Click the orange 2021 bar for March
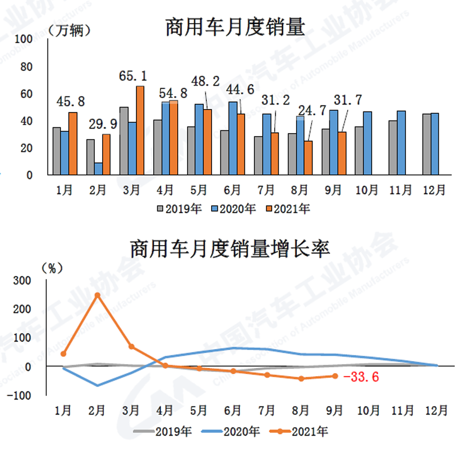pyautogui.click(x=140, y=130)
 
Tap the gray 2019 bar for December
pyautogui.click(x=426, y=145)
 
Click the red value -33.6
pyautogui.click(x=362, y=377)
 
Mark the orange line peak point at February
pyautogui.click(x=97, y=295)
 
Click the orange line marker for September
pyautogui.click(x=335, y=376)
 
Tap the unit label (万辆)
pyautogui.click(x=69, y=30)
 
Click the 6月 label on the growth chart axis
pyautogui.click(x=233, y=411)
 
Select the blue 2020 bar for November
pyautogui.click(x=401, y=143)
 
